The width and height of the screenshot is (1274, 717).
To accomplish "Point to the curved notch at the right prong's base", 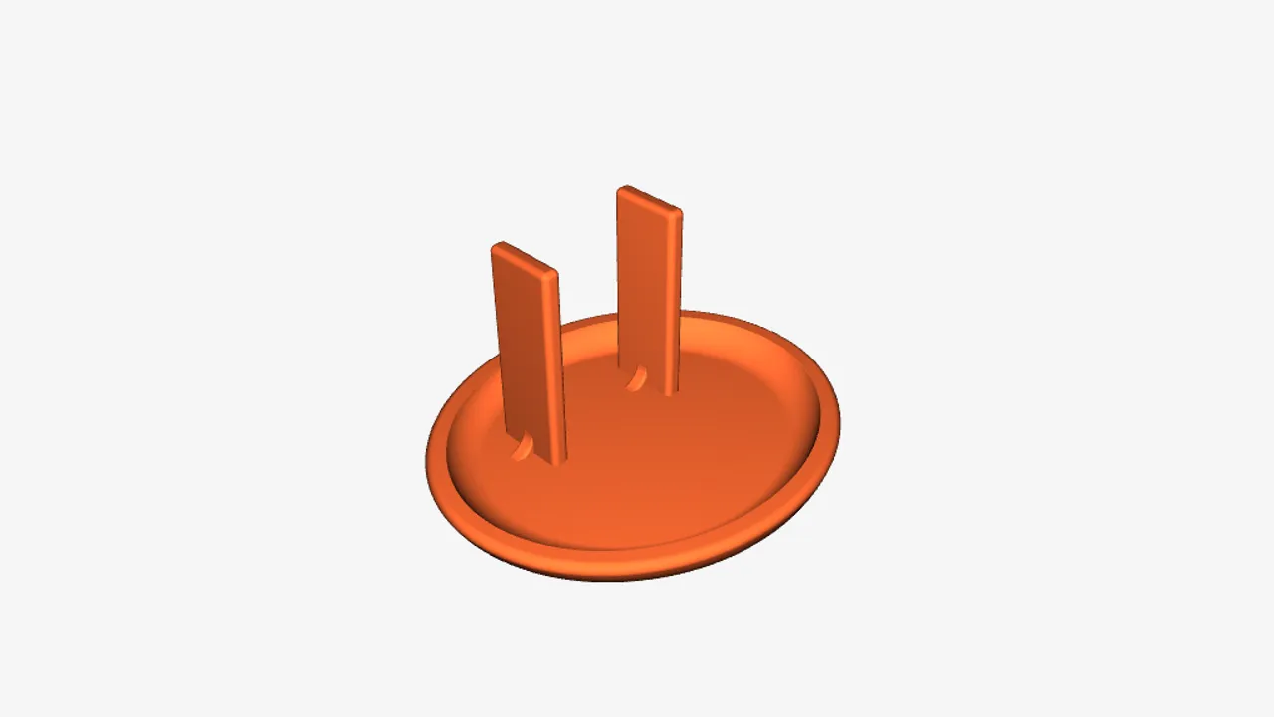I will point(634,378).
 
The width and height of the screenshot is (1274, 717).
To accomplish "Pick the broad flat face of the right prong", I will point(647,289).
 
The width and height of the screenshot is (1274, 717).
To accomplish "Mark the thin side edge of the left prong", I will point(559,368).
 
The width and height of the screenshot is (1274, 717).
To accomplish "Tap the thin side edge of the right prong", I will point(679,299).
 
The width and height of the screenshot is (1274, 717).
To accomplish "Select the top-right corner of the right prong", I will point(681,211).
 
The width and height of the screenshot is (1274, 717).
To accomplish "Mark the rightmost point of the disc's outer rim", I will point(839,423).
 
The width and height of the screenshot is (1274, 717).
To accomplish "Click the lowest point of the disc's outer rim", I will point(607,581).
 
